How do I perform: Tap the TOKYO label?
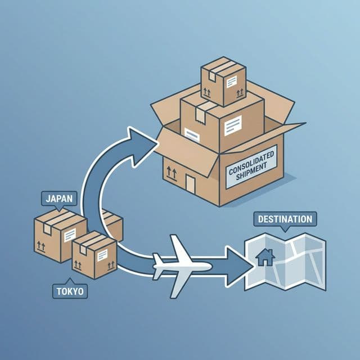(69, 291)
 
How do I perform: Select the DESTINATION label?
(285, 218)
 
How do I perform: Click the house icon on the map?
(265, 257)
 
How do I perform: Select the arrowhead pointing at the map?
(240, 262)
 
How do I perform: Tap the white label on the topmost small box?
(233, 83)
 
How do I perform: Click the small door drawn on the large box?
(191, 183)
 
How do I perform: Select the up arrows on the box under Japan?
(41, 245)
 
